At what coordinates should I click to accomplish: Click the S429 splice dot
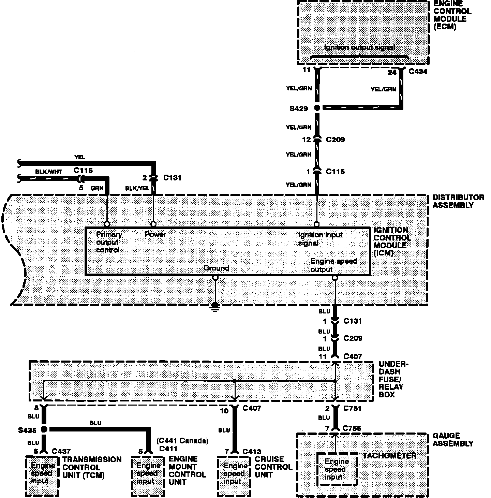317,108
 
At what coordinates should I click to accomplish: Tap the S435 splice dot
44,429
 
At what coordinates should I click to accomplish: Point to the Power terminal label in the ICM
155,235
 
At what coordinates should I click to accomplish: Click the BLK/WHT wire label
49,172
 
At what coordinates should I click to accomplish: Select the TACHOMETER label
389,456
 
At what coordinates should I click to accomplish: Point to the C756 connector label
352,428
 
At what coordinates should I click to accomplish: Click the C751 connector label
352,408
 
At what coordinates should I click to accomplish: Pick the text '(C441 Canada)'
182,441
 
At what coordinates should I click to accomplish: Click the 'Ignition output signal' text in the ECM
359,47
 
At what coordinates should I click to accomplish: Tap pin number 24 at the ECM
392,72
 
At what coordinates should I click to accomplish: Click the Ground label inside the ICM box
216,268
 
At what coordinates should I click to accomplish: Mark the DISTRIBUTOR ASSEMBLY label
453,201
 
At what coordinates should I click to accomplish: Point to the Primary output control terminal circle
107,224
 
